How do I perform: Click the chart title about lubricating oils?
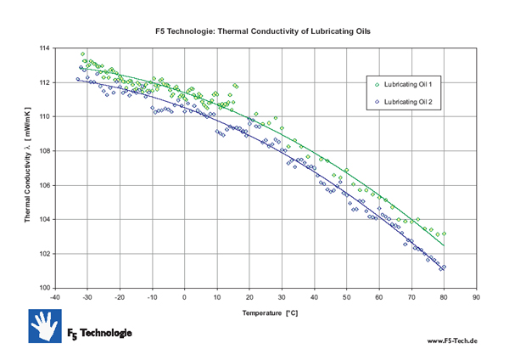[x=264, y=31]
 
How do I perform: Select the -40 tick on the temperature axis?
[x=54, y=298]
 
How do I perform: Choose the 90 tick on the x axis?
[x=476, y=298]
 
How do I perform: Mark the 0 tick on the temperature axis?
[x=184, y=298]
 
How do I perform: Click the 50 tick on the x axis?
[x=346, y=298]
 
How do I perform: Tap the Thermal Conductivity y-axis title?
[x=28, y=168]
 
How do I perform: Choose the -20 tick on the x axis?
[x=119, y=298]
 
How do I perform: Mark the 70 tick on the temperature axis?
[x=411, y=298]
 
